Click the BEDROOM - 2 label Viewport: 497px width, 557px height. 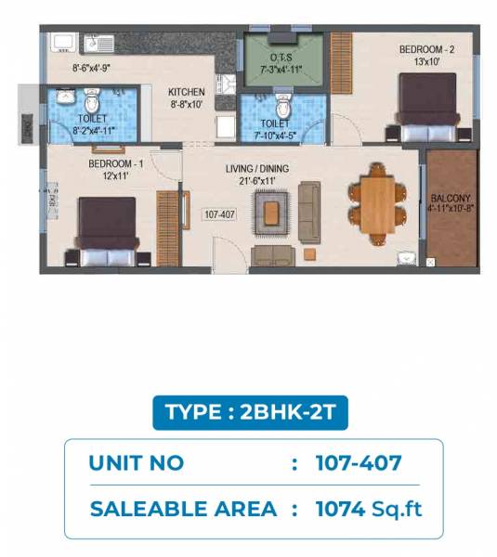pyautogui.click(x=425, y=49)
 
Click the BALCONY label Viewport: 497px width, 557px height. pyautogui.click(x=451, y=199)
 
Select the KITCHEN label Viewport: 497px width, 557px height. pyautogui.click(x=186, y=92)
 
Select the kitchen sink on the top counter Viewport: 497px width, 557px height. pyautogui.click(x=98, y=43)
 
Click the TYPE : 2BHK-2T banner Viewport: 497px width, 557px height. pyautogui.click(x=249, y=412)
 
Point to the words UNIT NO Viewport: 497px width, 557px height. pyautogui.click(x=137, y=462)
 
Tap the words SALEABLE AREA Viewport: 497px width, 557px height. pyautogui.click(x=183, y=508)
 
